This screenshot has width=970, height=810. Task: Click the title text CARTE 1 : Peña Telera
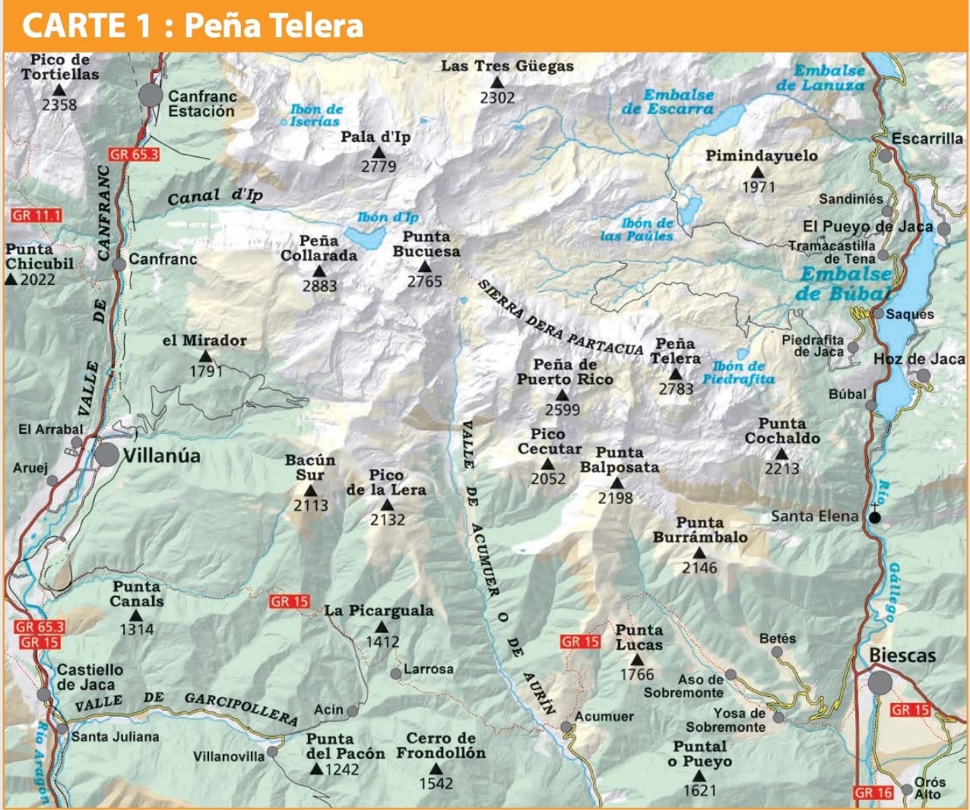point(193,26)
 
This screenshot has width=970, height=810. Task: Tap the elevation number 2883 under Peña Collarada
point(319,286)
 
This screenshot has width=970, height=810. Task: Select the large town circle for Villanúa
point(107,455)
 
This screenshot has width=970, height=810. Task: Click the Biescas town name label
point(902,656)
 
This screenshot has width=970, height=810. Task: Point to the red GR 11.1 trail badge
point(36,216)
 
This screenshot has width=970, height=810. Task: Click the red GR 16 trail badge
point(873,793)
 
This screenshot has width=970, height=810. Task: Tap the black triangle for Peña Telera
point(676,374)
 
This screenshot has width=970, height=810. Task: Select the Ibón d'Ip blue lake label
point(388,217)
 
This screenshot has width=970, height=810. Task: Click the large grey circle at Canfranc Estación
point(151,96)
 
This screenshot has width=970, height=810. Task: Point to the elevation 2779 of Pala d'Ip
point(379,166)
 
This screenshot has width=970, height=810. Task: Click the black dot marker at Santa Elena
point(875,517)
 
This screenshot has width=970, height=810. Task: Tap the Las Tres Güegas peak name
point(507,66)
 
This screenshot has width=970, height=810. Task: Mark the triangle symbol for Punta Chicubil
point(11,280)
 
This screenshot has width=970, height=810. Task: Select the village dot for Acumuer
point(566,727)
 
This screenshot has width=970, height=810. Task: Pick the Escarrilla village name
point(927,139)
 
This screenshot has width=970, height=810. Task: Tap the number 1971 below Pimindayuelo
point(758,187)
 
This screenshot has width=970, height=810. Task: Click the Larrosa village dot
point(396,673)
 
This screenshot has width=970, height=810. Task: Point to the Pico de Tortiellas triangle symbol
point(59,90)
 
